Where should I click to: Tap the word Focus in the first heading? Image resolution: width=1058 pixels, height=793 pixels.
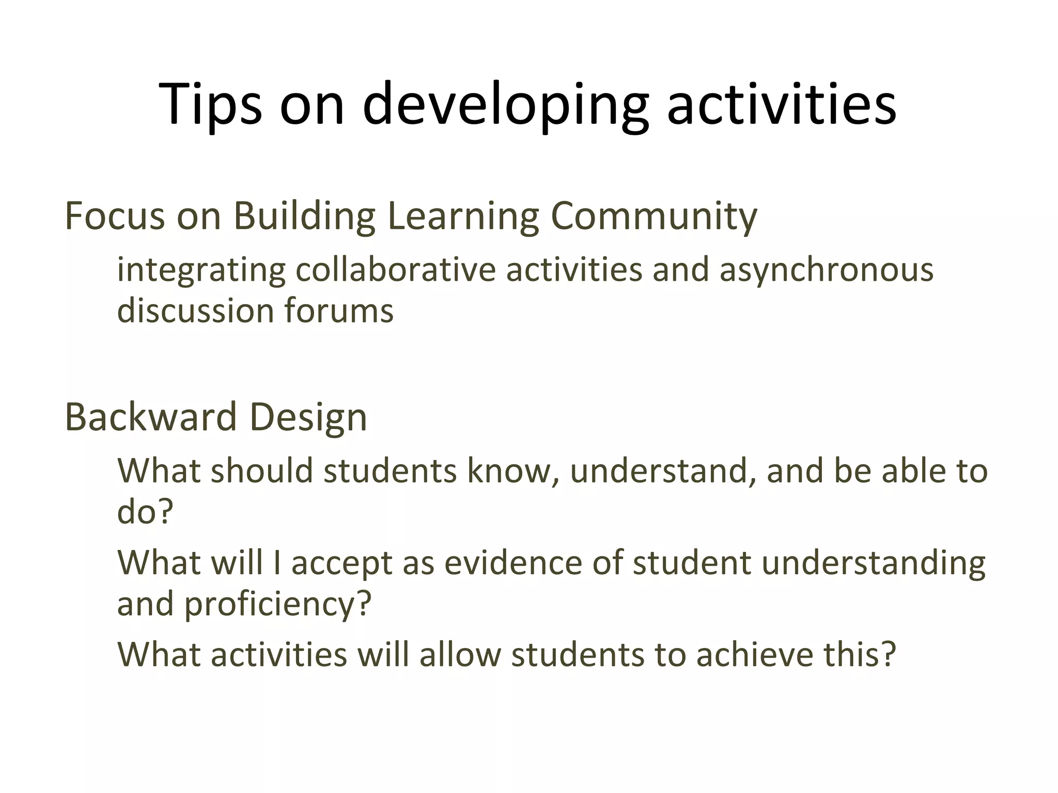115,216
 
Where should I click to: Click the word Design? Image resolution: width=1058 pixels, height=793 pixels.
308,417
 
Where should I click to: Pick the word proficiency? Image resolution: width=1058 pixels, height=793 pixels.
278,604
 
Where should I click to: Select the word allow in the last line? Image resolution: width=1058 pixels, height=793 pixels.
460,655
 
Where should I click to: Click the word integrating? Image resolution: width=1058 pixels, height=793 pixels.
201,270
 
